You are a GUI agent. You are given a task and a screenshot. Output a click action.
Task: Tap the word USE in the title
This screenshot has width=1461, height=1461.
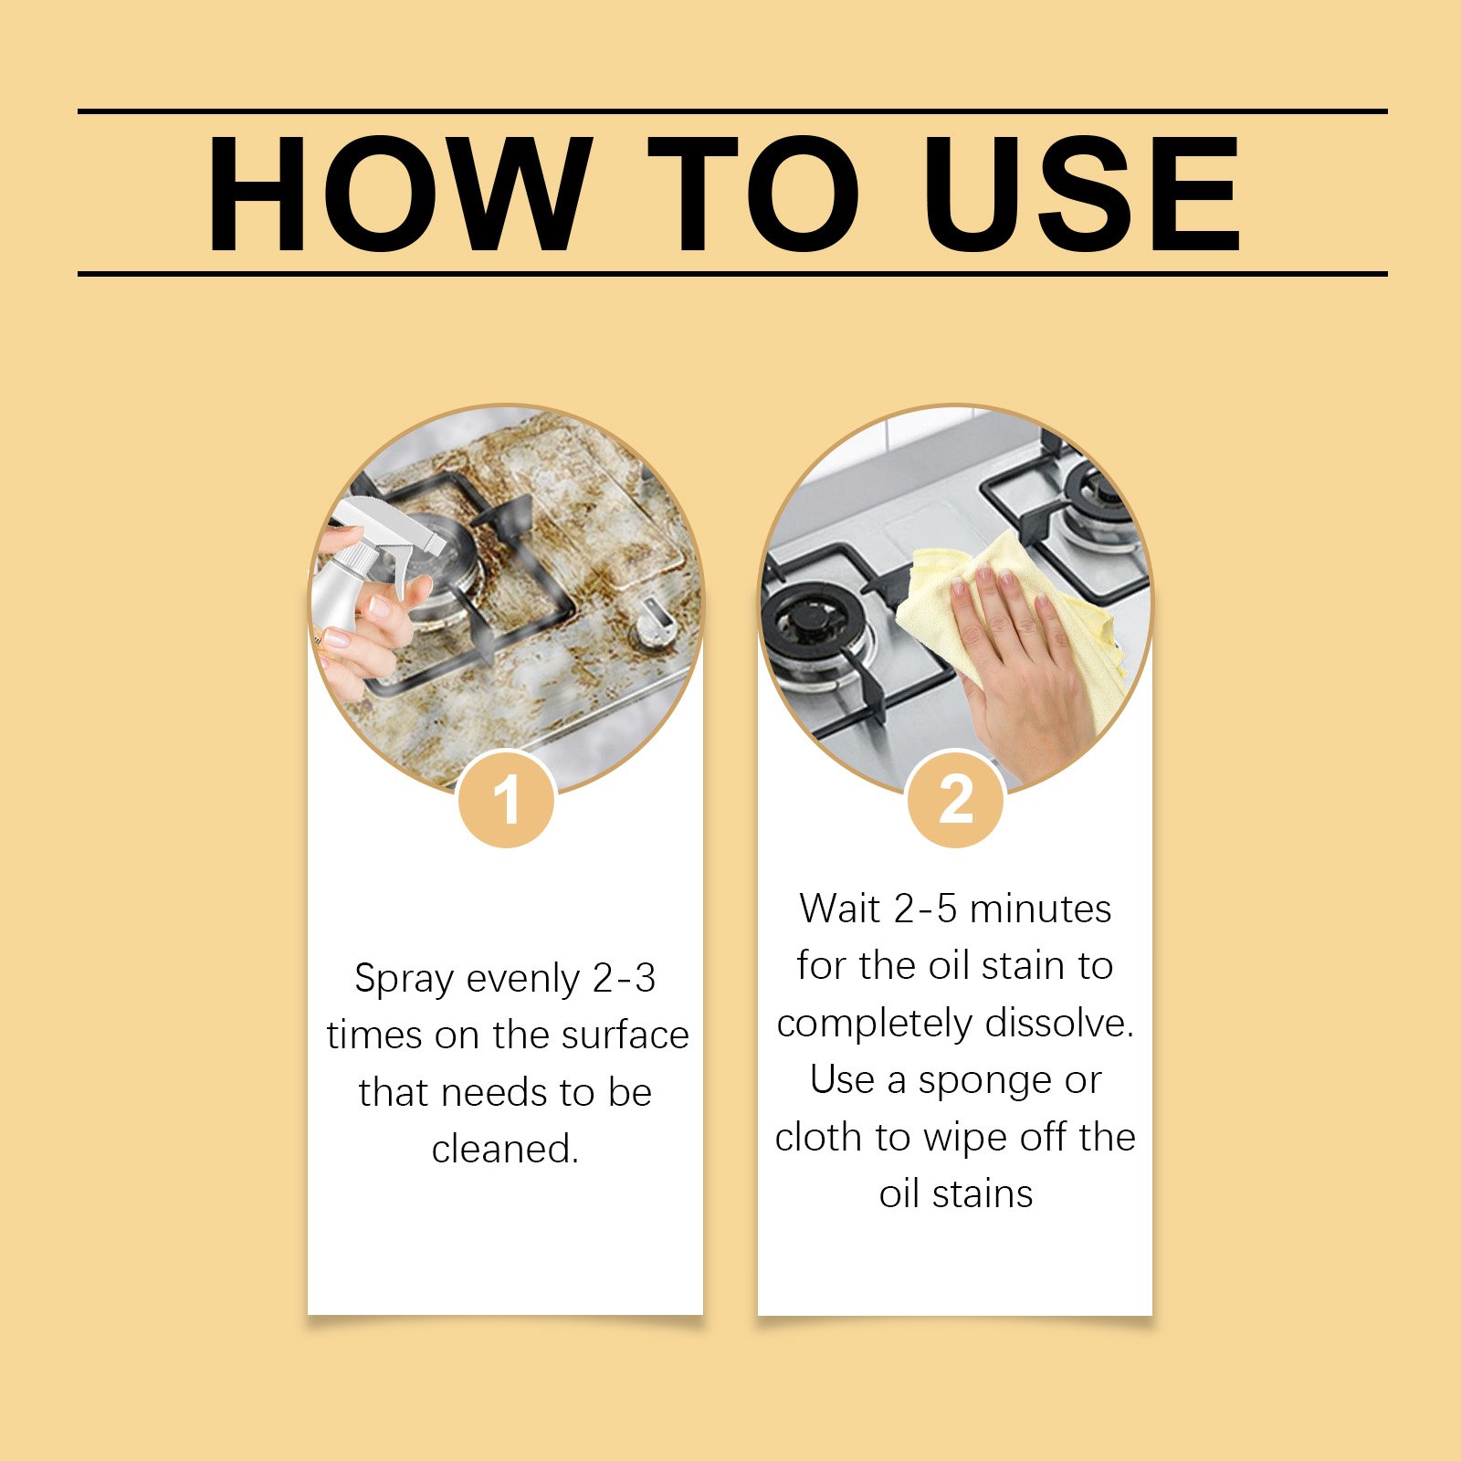[1081, 194]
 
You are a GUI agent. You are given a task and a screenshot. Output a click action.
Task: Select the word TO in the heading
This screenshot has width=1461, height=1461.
[753, 194]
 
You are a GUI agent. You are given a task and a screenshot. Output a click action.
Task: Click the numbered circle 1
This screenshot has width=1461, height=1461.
[506, 799]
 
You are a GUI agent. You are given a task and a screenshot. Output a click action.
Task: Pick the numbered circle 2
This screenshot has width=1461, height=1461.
[956, 799]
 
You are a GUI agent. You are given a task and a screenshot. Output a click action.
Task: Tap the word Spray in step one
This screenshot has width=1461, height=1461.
[404, 980]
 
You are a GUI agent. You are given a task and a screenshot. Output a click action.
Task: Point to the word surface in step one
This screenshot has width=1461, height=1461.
[625, 1035]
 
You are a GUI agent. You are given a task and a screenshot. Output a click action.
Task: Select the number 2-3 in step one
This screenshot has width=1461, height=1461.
[624, 979]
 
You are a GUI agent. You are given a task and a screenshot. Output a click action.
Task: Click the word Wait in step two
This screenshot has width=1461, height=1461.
[840, 909]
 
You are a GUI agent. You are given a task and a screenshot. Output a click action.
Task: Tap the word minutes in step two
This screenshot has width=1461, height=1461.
[1040, 909]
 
